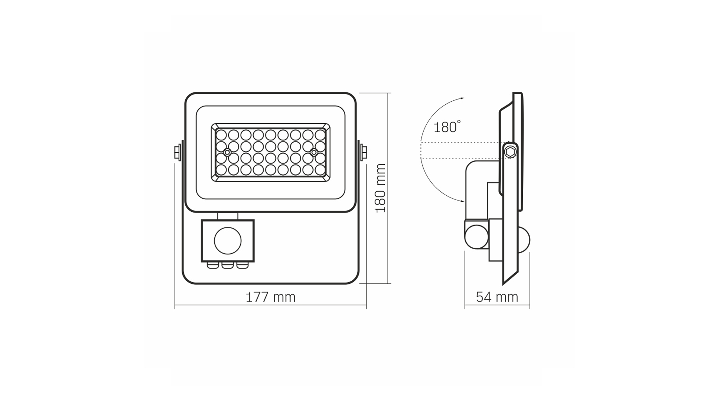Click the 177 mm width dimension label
coord(271,297)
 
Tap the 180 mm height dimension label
coord(381,188)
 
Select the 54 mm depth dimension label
coord(497,297)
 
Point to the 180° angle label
coord(447,126)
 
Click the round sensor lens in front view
coord(228,241)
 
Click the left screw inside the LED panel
coord(227,152)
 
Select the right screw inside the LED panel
coord(314,152)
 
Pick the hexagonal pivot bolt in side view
coord(510,152)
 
